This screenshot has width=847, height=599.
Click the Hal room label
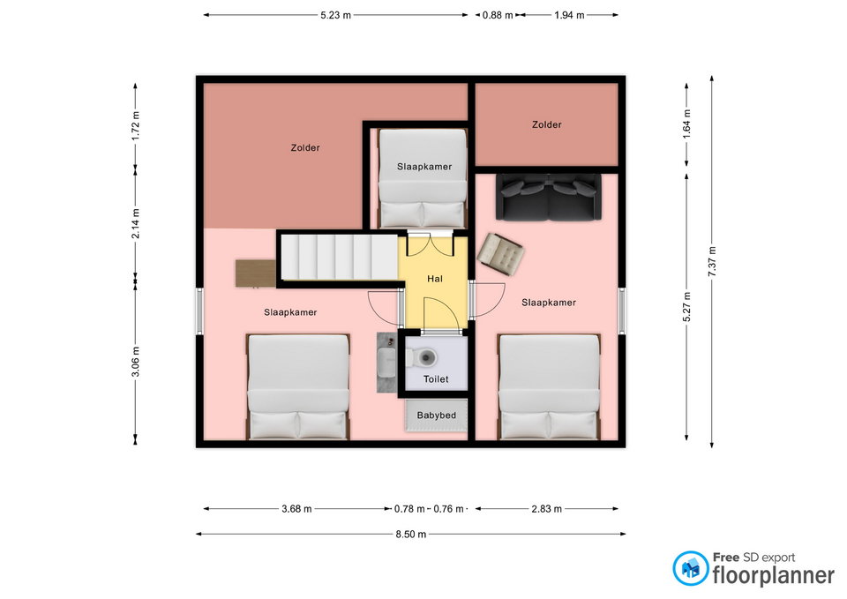point(434,279)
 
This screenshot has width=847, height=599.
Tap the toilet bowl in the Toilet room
point(424,357)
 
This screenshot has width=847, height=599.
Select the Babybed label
point(437,416)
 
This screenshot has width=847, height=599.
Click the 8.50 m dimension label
point(410,535)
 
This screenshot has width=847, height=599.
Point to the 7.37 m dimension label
point(712,261)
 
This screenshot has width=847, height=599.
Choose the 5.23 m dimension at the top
point(335,15)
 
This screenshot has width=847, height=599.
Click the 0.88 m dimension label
point(498,15)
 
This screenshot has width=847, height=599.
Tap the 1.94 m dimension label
point(569,15)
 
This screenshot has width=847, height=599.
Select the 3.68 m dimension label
point(296,509)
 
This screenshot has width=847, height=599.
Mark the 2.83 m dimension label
point(547,509)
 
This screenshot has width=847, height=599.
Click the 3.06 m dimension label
point(136,362)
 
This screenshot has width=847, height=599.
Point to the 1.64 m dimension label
point(686,124)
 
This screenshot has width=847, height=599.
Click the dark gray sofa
point(548,197)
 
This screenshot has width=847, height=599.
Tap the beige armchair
point(500,254)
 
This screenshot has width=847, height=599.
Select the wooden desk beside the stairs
point(256,273)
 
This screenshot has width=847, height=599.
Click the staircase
point(340,257)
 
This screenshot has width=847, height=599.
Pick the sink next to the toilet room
point(386,362)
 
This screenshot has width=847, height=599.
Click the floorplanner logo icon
point(690,568)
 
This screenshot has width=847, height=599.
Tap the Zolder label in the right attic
point(547,124)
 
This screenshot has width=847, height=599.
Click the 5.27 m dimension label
point(686,307)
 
